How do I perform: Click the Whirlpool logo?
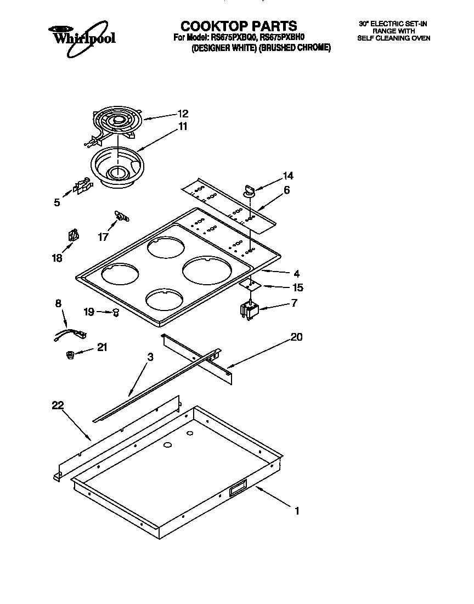pos(82,37)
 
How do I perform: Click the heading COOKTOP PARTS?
pos(239,26)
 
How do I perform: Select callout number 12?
pos(183,114)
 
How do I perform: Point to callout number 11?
pos(183,127)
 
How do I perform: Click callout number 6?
pos(286,190)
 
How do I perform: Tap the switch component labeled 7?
pos(249,311)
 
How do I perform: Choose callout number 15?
pos(298,287)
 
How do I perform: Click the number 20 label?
pos(296,337)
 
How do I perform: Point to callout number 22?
pos(58,405)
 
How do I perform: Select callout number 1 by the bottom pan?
pos(297,511)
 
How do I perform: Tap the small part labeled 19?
pos(116,313)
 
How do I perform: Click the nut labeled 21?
pos(70,355)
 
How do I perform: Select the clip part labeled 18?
pos(72,236)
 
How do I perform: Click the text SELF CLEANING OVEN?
pos(393,38)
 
